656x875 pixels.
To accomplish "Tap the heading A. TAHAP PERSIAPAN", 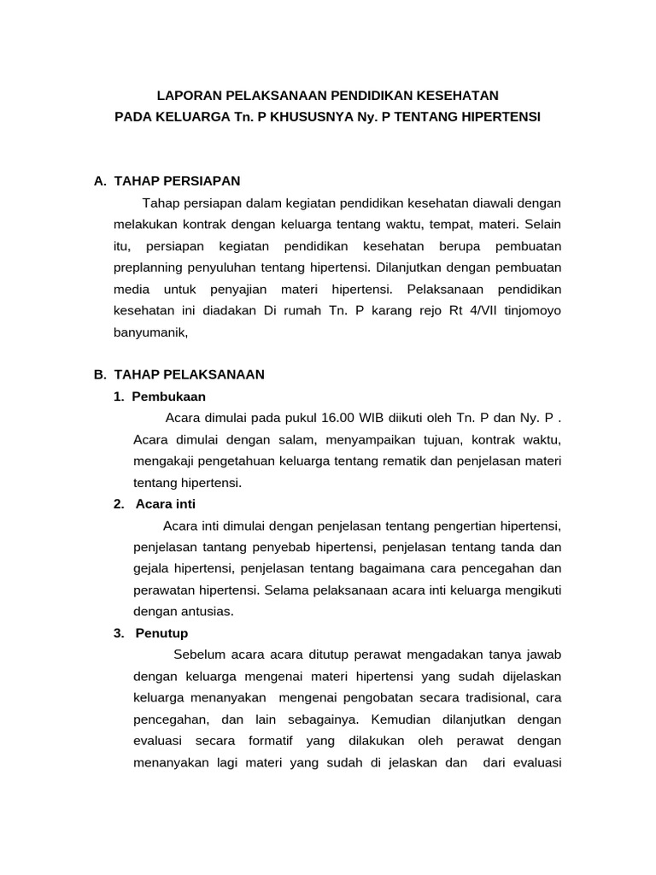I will click(x=167, y=180).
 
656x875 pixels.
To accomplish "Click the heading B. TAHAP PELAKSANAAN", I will click(x=179, y=374).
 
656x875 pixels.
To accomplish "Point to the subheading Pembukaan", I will click(x=168, y=396).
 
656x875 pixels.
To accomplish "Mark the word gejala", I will click(x=153, y=568).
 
